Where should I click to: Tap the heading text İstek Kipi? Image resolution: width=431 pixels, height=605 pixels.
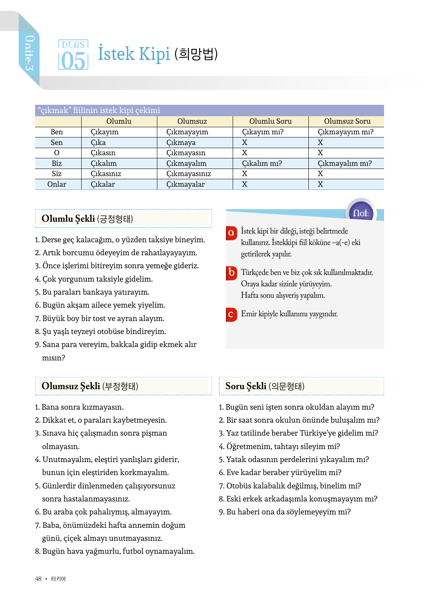[134, 54]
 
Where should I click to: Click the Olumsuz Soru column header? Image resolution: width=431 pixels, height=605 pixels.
[347, 121]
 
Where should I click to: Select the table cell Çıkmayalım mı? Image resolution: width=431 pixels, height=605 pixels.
[345, 163]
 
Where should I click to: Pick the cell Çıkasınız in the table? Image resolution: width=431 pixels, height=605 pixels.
[106, 174]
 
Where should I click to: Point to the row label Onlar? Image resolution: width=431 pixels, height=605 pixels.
[57, 184]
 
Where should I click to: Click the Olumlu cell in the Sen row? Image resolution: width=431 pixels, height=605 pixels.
[98, 143]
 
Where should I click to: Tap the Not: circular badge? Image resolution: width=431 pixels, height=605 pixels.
[361, 213]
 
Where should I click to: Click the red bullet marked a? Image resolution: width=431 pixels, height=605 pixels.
[231, 233]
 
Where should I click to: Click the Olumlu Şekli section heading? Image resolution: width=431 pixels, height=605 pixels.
[87, 219]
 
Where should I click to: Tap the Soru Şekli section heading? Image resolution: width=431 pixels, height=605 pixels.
[265, 386]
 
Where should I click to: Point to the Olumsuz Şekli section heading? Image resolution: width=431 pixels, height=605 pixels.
[90, 386]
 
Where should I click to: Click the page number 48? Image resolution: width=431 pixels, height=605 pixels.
[38, 579]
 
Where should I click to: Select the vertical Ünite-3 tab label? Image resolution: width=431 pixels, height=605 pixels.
[29, 53]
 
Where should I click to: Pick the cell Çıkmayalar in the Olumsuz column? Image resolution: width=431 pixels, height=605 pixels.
[185, 184]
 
